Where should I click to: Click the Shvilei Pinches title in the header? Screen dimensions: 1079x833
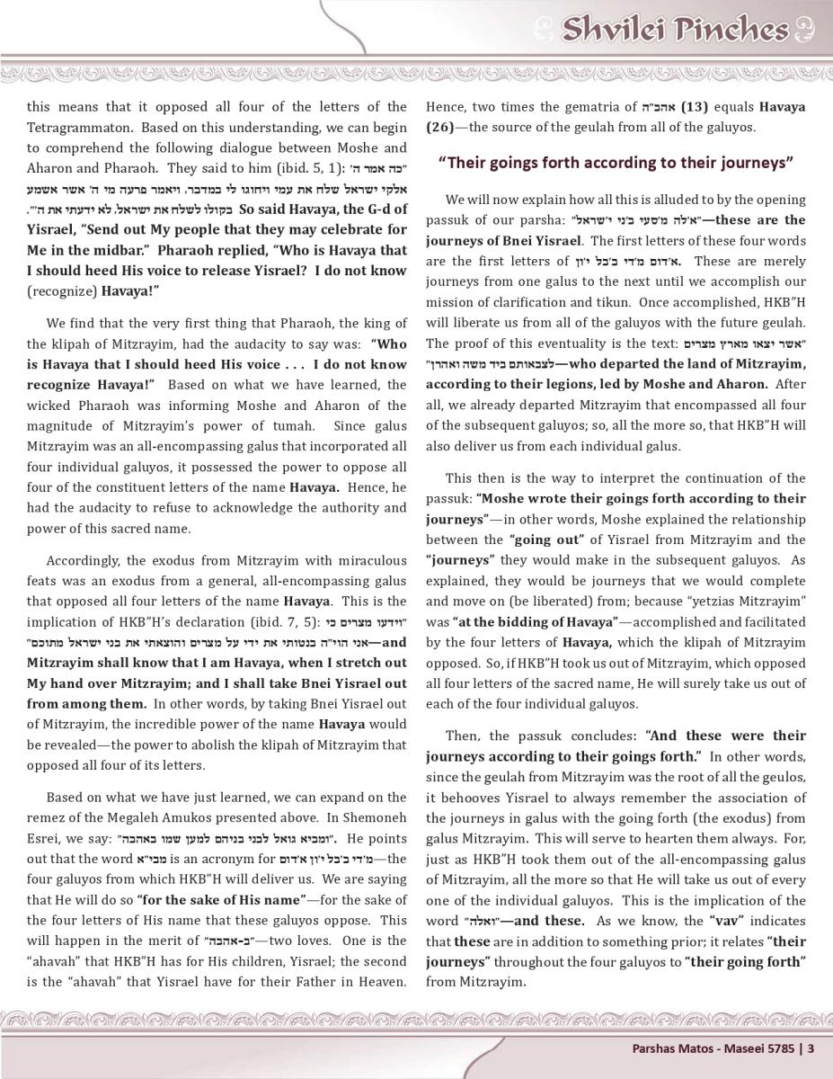674,30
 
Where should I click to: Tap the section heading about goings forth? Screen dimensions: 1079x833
616,163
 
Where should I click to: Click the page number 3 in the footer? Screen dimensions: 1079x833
811,1048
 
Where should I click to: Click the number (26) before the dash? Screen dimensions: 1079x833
442,127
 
